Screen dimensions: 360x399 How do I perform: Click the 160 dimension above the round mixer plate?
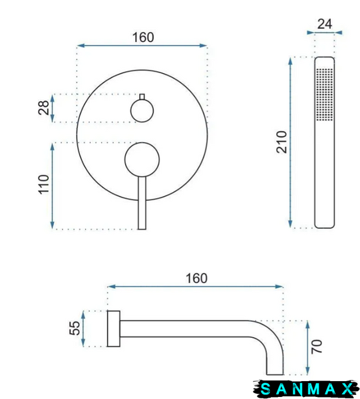point(143,37)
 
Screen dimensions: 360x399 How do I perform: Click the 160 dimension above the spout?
point(196,279)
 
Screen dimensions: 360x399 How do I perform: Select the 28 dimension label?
point(43,108)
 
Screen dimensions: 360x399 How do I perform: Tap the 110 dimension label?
point(43,184)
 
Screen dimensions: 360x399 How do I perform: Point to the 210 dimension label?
point(281,142)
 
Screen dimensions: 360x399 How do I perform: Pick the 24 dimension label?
point(325,24)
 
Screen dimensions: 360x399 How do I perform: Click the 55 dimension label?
point(75,328)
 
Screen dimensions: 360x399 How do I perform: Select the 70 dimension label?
point(317,346)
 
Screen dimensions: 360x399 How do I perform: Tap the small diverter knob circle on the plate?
point(142,110)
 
